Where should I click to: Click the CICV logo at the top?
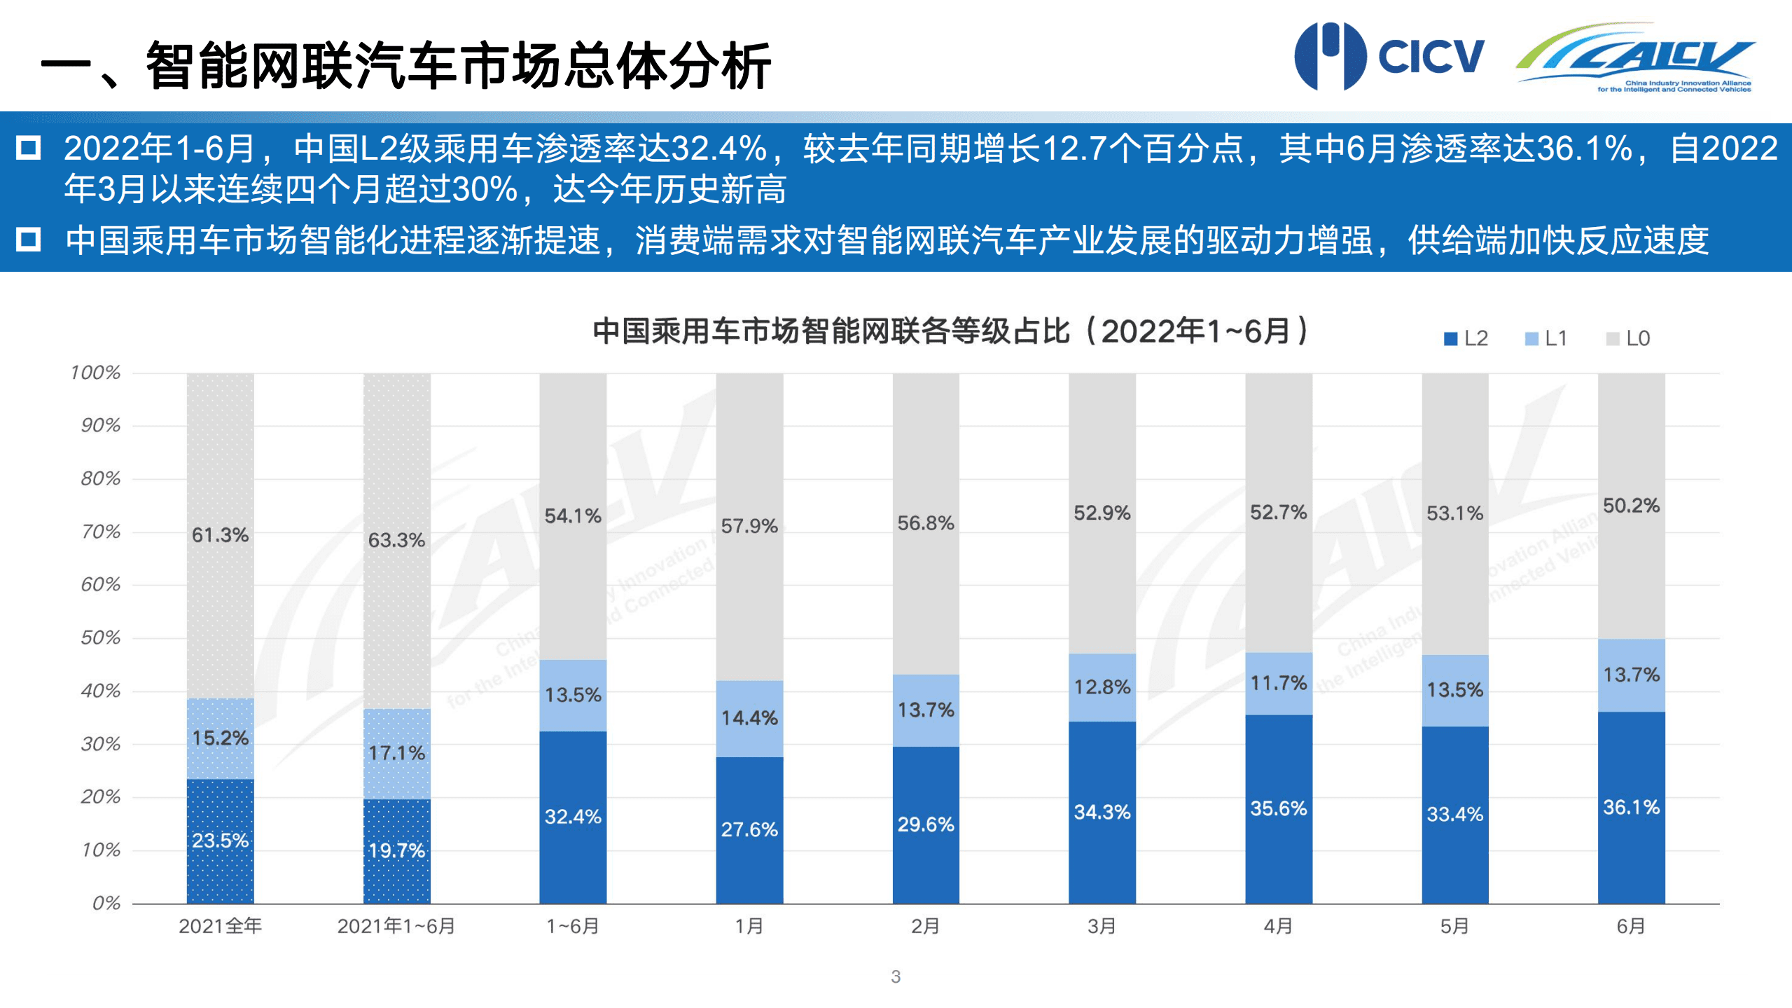pyautogui.click(x=1388, y=56)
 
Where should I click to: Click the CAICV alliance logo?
pyautogui.click(x=1636, y=57)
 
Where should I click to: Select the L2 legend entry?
pyautogui.click(x=1466, y=338)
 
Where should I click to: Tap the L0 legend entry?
pyautogui.click(x=1627, y=338)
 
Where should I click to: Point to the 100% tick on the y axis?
pyautogui.click(x=95, y=372)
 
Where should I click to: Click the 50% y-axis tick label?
pyautogui.click(x=100, y=637)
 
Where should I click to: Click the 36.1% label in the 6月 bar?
pyautogui.click(x=1631, y=807)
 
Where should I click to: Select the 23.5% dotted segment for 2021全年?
pyautogui.click(x=220, y=840)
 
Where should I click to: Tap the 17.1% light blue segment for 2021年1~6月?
pyautogui.click(x=396, y=753)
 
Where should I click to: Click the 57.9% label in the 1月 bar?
pyautogui.click(x=749, y=525)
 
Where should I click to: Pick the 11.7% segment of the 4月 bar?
pyautogui.click(x=1278, y=683)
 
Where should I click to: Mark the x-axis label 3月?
pyautogui.click(x=1102, y=926)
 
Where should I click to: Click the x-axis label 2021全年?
pyautogui.click(x=220, y=926)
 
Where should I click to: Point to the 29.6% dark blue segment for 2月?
pyautogui.click(x=925, y=824)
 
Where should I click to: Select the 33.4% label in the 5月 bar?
pyautogui.click(x=1454, y=814)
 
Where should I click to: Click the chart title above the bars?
pyautogui.click(x=950, y=331)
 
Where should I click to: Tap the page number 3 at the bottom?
pyautogui.click(x=896, y=976)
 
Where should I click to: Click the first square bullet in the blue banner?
pyautogui.click(x=29, y=148)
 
